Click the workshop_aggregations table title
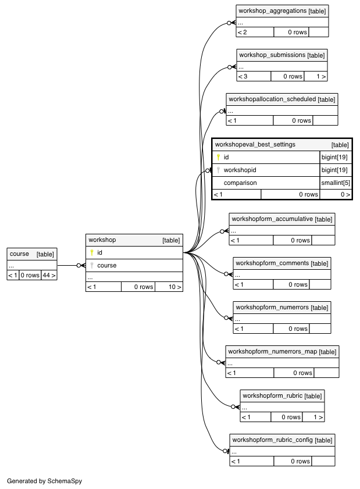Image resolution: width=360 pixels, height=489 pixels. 272,11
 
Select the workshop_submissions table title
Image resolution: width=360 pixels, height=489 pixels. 272,55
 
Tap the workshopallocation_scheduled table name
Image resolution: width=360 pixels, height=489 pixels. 272,99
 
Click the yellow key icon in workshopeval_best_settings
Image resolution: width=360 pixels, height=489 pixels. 218,157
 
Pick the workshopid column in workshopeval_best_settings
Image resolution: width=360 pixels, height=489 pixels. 240,170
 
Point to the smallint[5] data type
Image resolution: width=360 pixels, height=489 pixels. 336,183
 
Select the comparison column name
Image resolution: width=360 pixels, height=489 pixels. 240,183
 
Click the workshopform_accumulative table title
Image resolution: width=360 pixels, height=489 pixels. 272,219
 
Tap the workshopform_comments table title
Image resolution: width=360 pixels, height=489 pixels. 272,263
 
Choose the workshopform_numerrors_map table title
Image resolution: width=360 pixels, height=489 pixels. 272,351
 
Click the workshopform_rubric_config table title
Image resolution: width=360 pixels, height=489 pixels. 272,440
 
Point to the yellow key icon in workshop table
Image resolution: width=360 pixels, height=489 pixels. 92,252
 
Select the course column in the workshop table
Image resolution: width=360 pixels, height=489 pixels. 106,265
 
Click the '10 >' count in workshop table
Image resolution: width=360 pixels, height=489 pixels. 174,287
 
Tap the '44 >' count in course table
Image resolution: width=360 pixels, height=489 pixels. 49,276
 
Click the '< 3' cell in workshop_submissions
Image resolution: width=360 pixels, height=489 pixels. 243,76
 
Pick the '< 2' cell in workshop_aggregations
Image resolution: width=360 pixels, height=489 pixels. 242,32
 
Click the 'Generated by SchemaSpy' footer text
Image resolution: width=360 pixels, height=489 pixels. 44,481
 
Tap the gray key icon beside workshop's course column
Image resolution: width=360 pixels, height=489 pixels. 92,265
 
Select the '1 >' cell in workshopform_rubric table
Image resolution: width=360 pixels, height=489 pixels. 319,417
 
